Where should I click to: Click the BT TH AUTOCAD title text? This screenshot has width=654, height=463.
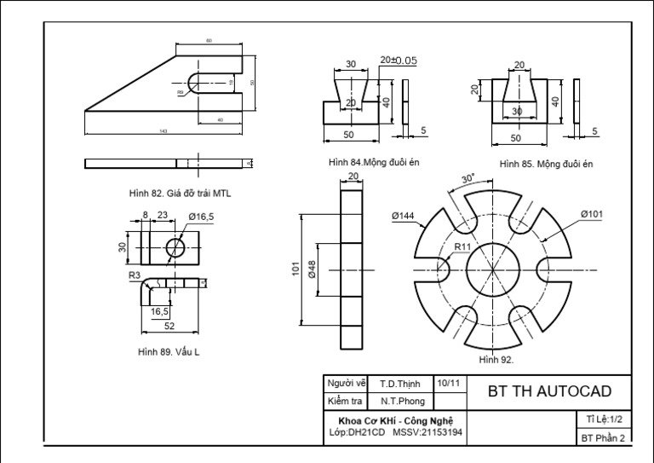[x=549, y=392]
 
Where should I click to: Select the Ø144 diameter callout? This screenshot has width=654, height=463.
[x=404, y=217]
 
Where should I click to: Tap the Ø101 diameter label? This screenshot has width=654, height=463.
[x=592, y=214]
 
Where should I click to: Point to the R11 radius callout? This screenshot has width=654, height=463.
[x=462, y=246]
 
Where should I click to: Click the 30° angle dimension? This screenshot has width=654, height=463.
[x=468, y=179]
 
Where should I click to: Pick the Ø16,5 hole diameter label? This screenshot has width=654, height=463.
[x=201, y=217]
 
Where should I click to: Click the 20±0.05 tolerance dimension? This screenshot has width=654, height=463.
[x=398, y=61]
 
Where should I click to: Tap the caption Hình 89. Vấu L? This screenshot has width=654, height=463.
[x=169, y=350]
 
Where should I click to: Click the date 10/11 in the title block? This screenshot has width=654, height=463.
[x=448, y=384]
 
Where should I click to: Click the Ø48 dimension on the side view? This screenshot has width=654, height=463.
[x=313, y=269]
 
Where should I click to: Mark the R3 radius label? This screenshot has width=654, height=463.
[x=135, y=275]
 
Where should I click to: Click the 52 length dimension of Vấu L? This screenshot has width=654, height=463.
[x=169, y=327]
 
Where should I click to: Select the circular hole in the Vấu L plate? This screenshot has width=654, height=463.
[x=176, y=247]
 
